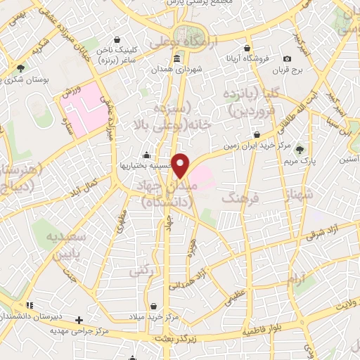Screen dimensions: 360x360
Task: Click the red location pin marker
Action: pyautogui.click(x=181, y=165)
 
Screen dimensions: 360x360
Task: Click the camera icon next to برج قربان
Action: pyautogui.click(x=287, y=58)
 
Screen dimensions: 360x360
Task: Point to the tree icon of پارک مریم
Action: pyautogui.click(x=300, y=149)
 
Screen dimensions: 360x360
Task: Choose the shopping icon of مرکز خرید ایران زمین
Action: pyautogui.click(x=257, y=134)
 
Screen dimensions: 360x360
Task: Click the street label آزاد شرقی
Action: pyautogui.click(x=325, y=232)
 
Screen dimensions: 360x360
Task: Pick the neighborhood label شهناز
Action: pyautogui.click(x=292, y=189)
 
